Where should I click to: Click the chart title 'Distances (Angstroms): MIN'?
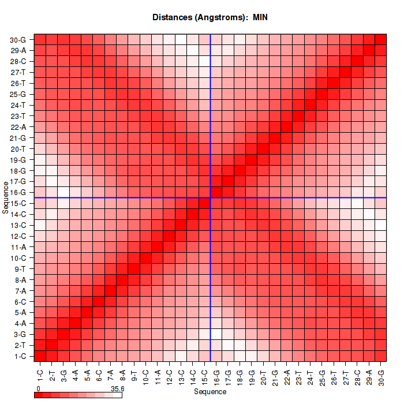click(210, 17)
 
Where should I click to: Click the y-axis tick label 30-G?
click(18, 40)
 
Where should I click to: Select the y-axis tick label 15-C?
click(18, 203)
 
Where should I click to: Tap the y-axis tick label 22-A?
click(18, 127)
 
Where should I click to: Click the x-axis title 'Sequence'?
click(210, 392)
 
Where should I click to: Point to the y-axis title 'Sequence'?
click(6, 197)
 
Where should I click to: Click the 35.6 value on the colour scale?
click(117, 389)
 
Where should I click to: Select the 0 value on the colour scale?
click(38, 389)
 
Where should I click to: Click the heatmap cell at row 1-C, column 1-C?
click(40, 356)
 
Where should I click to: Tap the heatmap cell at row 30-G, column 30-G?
click(380, 39)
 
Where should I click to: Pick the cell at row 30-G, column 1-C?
click(40, 39)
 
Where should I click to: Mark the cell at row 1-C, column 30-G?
click(380, 356)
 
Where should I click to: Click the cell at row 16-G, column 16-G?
click(216, 192)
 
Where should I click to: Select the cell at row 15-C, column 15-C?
click(204, 203)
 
